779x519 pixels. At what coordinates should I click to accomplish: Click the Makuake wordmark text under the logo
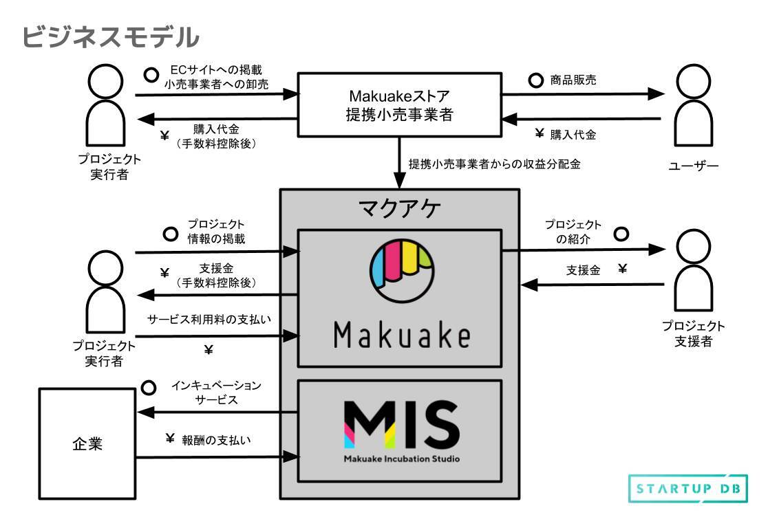[x=402, y=336]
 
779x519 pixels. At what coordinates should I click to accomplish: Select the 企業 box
[x=87, y=443]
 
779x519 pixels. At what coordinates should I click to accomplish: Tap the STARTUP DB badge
[x=687, y=489]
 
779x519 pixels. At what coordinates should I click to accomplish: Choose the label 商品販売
[x=573, y=80]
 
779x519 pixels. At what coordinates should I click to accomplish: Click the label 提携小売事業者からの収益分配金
[x=495, y=164]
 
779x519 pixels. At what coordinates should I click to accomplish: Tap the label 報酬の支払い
[x=216, y=439]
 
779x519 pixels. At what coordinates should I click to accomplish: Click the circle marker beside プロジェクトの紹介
[x=621, y=234]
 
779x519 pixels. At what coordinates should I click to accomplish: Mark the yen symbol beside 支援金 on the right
[x=622, y=269]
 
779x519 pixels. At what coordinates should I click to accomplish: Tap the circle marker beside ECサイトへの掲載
[x=149, y=71]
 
